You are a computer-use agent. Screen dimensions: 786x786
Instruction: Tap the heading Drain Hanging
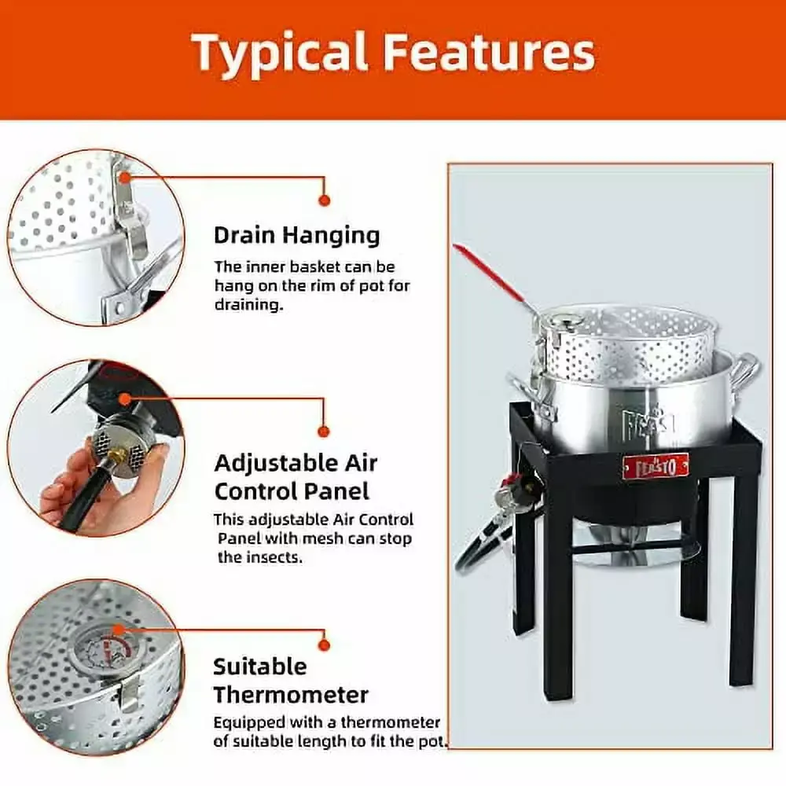(x=296, y=234)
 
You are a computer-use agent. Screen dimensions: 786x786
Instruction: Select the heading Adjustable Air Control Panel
(x=296, y=476)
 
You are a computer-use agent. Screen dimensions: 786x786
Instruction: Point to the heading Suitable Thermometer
(x=291, y=680)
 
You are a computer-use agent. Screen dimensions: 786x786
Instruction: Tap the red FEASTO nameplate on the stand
(x=655, y=465)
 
